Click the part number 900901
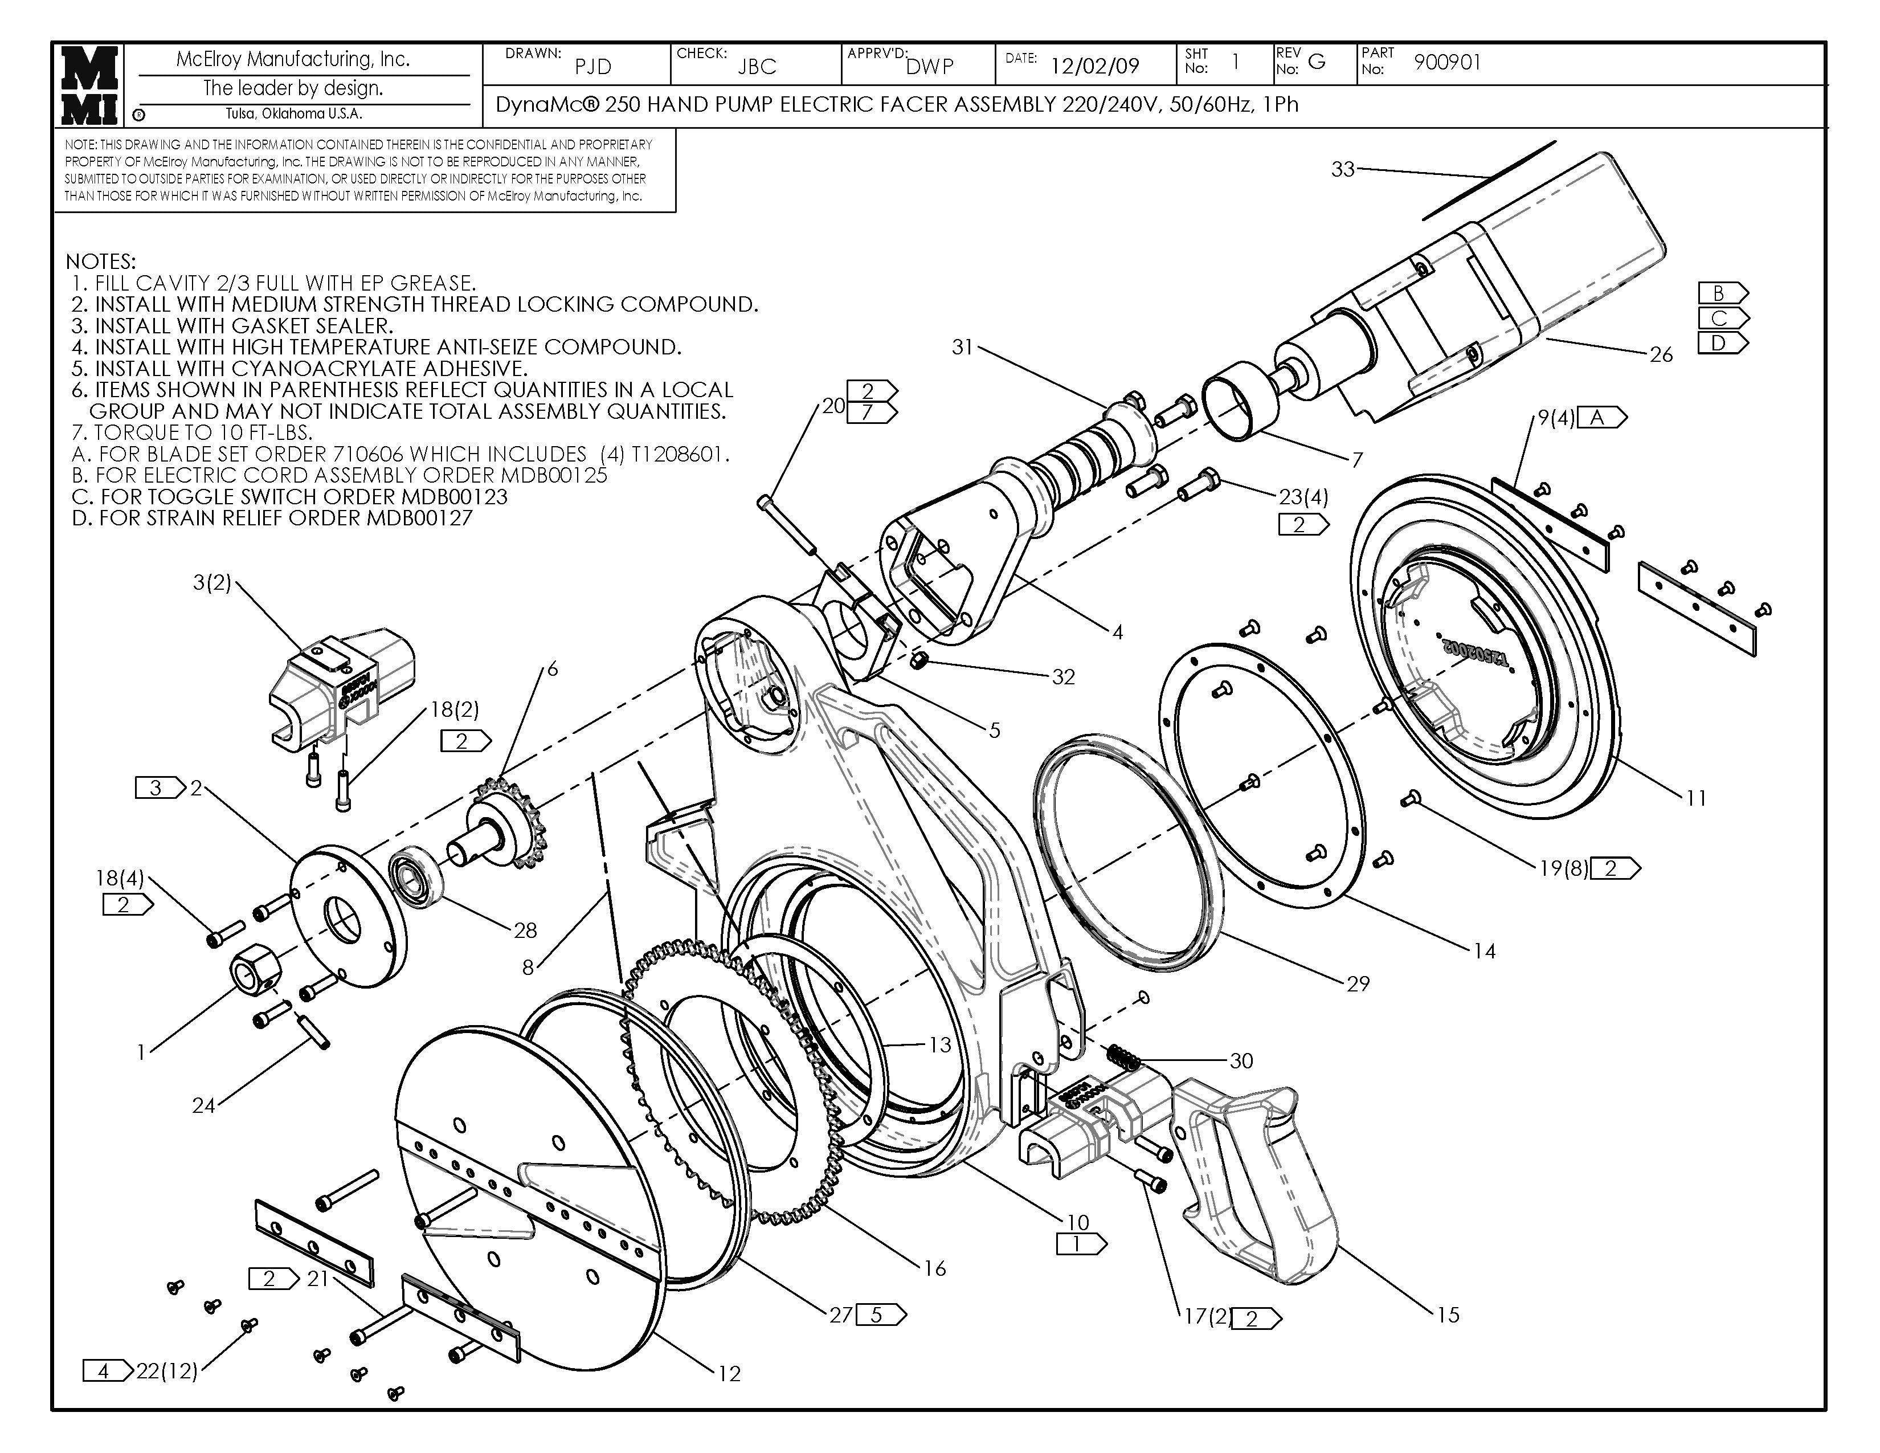[x=1447, y=62]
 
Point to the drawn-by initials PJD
[x=593, y=66]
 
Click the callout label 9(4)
[x=1556, y=418]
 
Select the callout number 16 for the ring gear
[x=935, y=1268]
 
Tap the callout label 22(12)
[x=167, y=1370]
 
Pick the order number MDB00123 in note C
[x=453, y=497]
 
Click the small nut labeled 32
[x=918, y=660]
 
